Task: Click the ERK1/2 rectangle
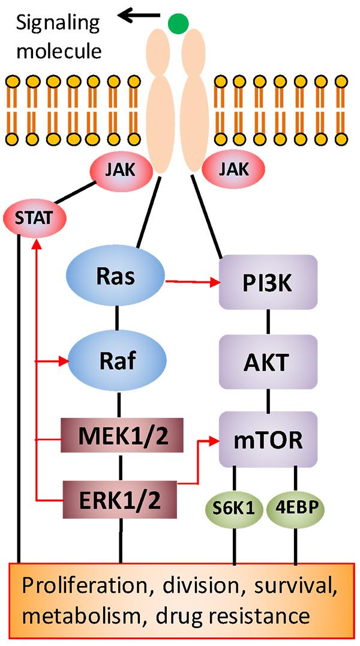pos(122,498)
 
